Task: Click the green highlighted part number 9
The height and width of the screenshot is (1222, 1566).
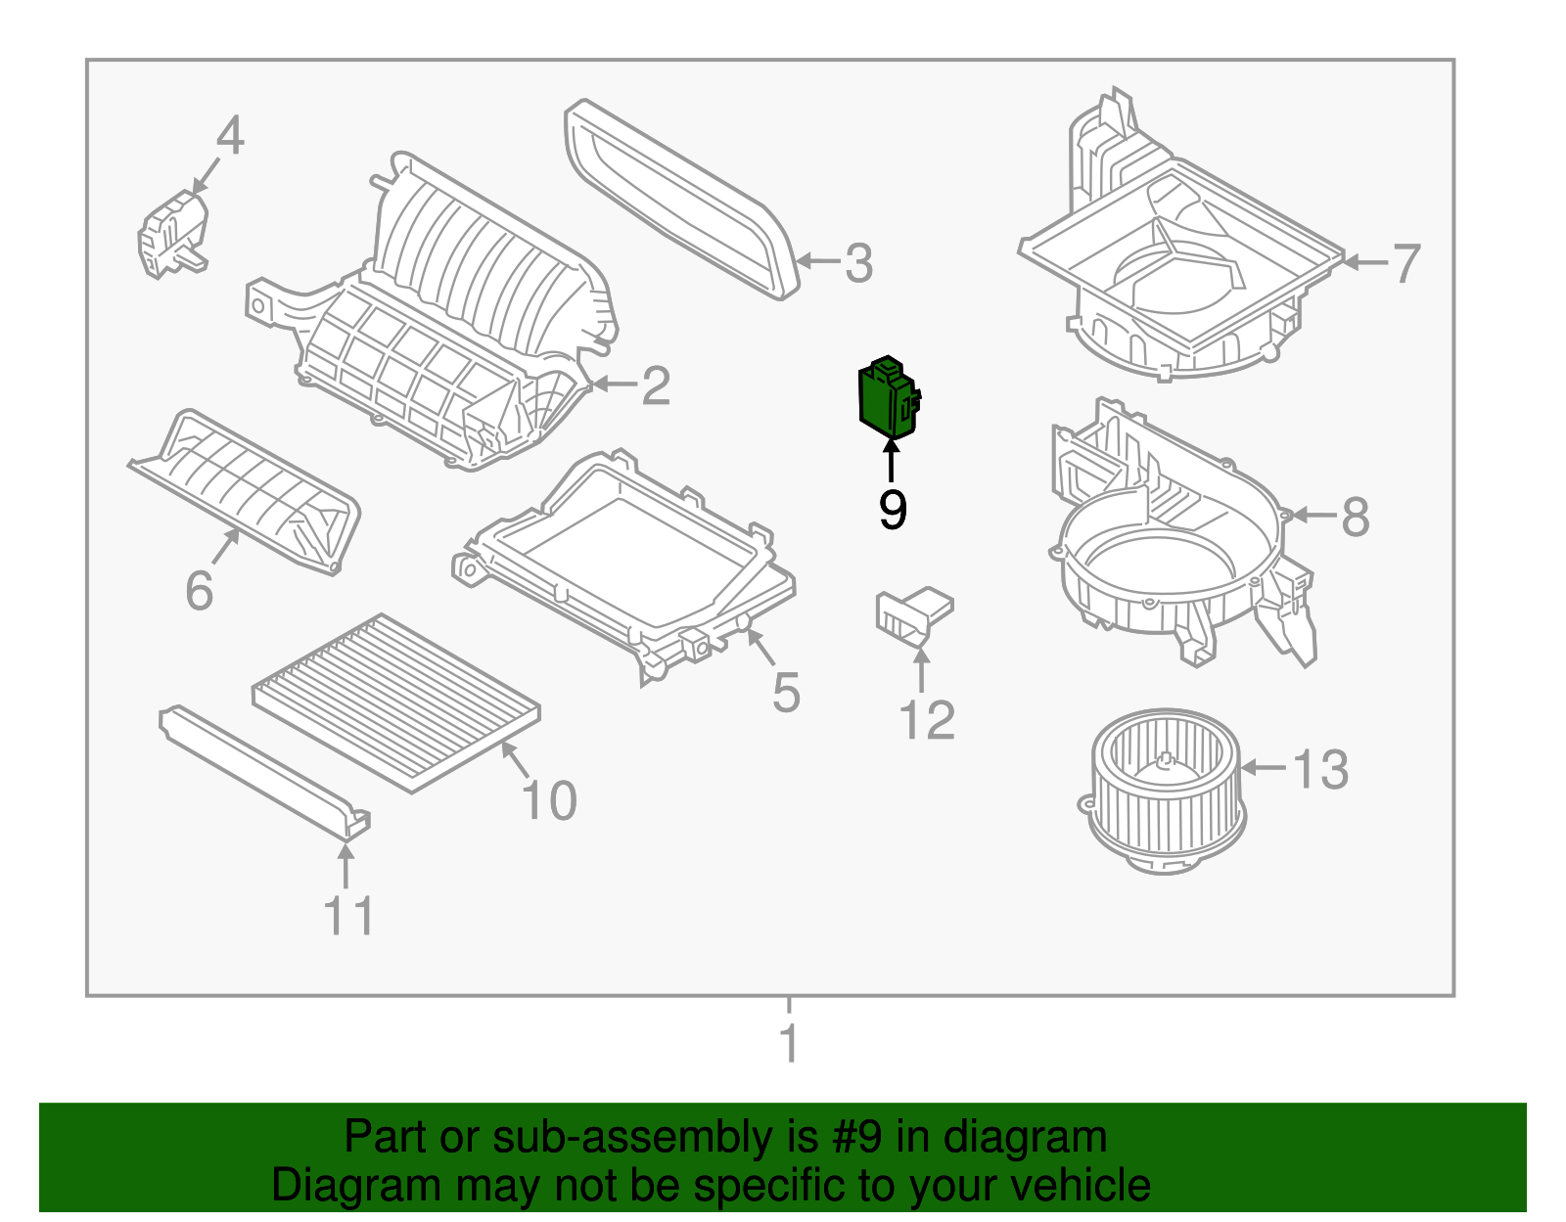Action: pyautogui.click(x=887, y=398)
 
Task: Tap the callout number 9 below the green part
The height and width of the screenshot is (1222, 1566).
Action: pyautogui.click(x=892, y=510)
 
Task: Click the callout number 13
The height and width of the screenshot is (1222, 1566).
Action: pyautogui.click(x=1320, y=769)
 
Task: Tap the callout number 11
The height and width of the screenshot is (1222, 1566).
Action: pyautogui.click(x=347, y=917)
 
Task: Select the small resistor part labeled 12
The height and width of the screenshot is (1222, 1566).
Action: pyautogui.click(x=913, y=617)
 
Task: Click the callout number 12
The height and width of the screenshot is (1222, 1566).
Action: pyautogui.click(x=926, y=721)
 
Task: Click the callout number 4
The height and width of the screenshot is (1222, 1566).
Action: pyautogui.click(x=229, y=137)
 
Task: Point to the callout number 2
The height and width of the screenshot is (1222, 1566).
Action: pyautogui.click(x=655, y=386)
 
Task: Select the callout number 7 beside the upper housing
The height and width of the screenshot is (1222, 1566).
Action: pyautogui.click(x=1405, y=263)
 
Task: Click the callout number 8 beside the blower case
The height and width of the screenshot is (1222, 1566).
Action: pyautogui.click(x=1355, y=517)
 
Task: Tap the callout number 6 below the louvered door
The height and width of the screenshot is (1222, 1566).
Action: pyautogui.click(x=199, y=591)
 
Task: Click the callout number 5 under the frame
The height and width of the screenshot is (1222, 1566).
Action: pyautogui.click(x=786, y=693)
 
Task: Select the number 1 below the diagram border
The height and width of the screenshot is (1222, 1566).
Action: pyautogui.click(x=789, y=1044)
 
